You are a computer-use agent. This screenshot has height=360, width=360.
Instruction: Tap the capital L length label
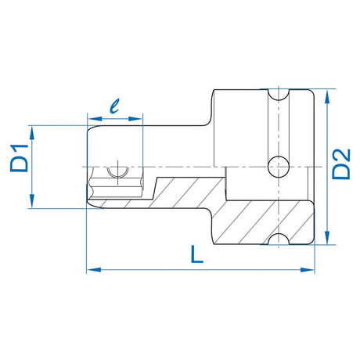pos(197,255)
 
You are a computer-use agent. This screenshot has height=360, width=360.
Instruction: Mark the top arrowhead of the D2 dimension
pos(327,93)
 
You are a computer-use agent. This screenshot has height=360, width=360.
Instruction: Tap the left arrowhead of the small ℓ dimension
pos(88,120)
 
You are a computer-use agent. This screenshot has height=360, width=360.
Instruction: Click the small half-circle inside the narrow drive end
pos(116,171)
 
